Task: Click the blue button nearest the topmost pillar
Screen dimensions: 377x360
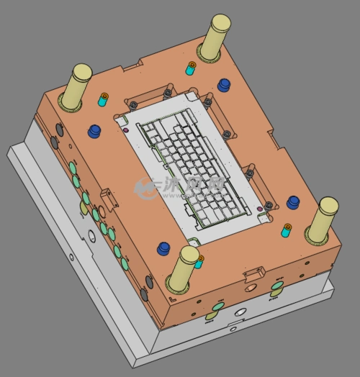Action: point(224,86)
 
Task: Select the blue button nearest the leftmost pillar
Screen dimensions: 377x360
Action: point(94,132)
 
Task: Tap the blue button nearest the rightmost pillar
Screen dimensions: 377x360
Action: point(292,202)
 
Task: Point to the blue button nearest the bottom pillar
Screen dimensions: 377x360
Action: point(164,249)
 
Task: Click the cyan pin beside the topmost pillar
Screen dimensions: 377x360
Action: point(191,68)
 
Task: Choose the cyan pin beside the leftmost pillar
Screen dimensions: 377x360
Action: point(103,99)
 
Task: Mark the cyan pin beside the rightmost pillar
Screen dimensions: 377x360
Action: point(287,230)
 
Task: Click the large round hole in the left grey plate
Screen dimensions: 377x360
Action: point(93,235)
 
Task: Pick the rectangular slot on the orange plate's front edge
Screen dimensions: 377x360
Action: point(255,275)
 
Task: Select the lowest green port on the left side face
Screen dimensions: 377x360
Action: point(124,264)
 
